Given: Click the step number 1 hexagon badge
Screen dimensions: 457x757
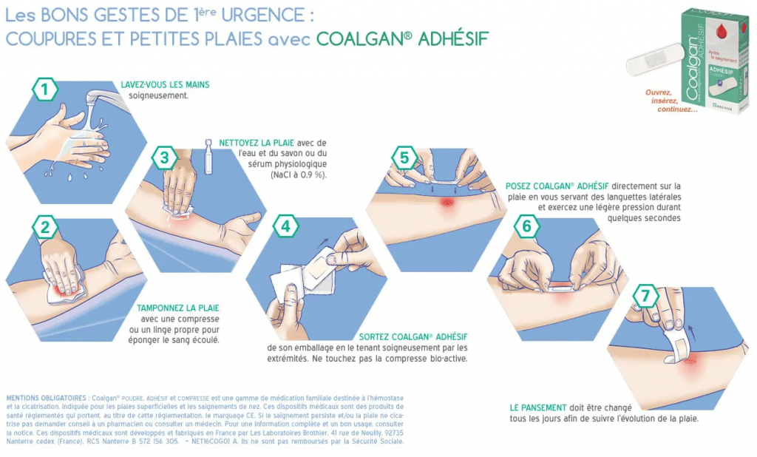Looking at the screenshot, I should tap(45, 90).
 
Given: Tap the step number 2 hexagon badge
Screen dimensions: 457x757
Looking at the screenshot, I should tap(45, 227).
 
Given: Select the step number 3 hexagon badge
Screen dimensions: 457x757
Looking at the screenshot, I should tap(164, 158).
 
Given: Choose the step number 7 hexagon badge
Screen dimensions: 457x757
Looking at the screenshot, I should tap(646, 297).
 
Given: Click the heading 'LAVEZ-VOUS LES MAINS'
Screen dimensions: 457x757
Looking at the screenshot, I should tap(165, 85).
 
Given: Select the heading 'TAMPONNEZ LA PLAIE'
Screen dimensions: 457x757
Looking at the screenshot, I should tap(178, 308).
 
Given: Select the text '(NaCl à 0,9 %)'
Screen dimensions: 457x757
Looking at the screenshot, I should tap(296, 175).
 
